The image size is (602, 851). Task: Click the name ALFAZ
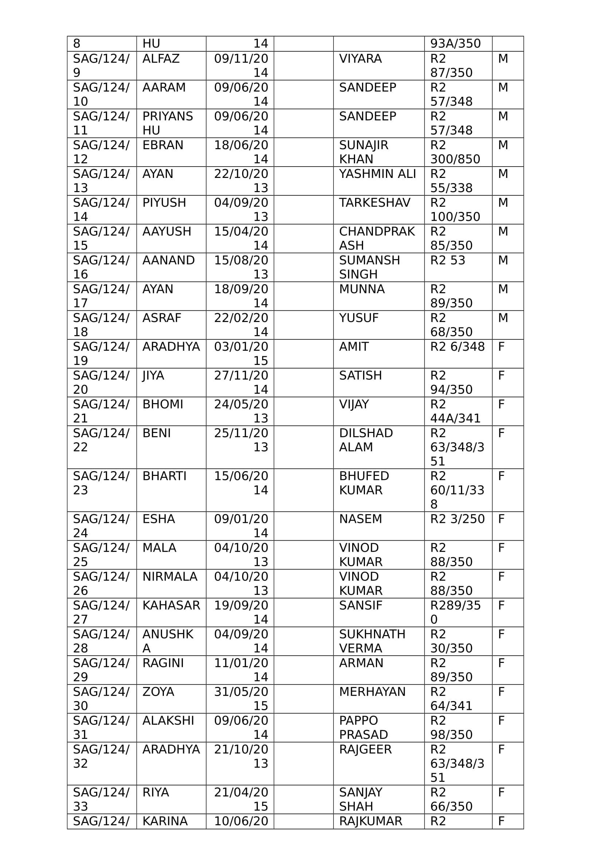(161, 59)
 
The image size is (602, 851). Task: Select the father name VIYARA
(360, 59)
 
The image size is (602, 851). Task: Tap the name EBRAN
(162, 145)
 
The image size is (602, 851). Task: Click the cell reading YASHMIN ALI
(377, 174)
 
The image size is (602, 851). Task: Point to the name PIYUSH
(164, 203)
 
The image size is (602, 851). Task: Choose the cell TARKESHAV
(374, 203)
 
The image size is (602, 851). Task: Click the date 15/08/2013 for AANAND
(241, 267)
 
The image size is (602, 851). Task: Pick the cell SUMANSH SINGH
(369, 267)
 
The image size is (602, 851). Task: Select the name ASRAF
(162, 318)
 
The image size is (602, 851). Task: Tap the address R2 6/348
(457, 347)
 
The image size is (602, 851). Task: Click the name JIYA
(153, 375)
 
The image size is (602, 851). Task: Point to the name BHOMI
(162, 404)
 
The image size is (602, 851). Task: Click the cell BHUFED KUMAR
(363, 483)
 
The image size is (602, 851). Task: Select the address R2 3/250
(457, 519)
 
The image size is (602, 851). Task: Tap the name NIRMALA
(169, 577)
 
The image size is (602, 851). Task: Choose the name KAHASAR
(171, 606)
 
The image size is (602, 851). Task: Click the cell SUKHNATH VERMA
(372, 641)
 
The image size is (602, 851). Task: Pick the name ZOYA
(158, 692)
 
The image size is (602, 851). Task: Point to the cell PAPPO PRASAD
(363, 728)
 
